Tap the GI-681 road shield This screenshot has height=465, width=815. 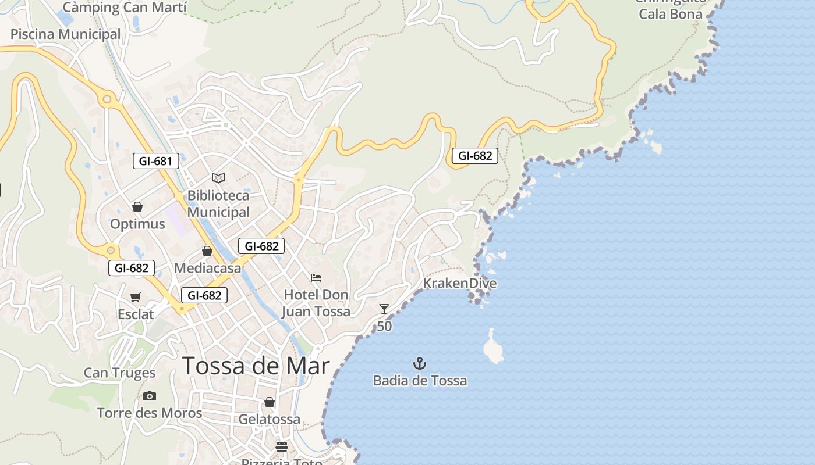(155, 161)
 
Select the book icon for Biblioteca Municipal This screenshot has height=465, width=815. (218, 178)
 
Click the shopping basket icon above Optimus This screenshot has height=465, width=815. (137, 207)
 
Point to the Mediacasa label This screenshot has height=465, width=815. (207, 269)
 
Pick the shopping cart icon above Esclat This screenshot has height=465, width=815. (136, 298)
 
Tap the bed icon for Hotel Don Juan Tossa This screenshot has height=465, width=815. (316, 278)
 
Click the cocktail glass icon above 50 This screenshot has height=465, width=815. (384, 309)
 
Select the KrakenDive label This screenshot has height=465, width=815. (460, 284)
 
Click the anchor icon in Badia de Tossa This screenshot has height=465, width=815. (420, 364)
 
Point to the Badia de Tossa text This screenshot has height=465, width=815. (420, 381)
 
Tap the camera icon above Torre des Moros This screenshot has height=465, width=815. (150, 396)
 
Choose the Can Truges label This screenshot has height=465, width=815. (119, 373)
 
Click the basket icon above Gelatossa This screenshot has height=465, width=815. (270, 402)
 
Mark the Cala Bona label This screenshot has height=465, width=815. (671, 14)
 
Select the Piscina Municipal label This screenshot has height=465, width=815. (65, 34)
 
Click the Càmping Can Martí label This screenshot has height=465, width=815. (125, 8)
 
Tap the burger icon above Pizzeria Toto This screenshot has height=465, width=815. (282, 447)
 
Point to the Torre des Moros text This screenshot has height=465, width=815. (149, 413)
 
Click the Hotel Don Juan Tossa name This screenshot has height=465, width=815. (317, 303)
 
